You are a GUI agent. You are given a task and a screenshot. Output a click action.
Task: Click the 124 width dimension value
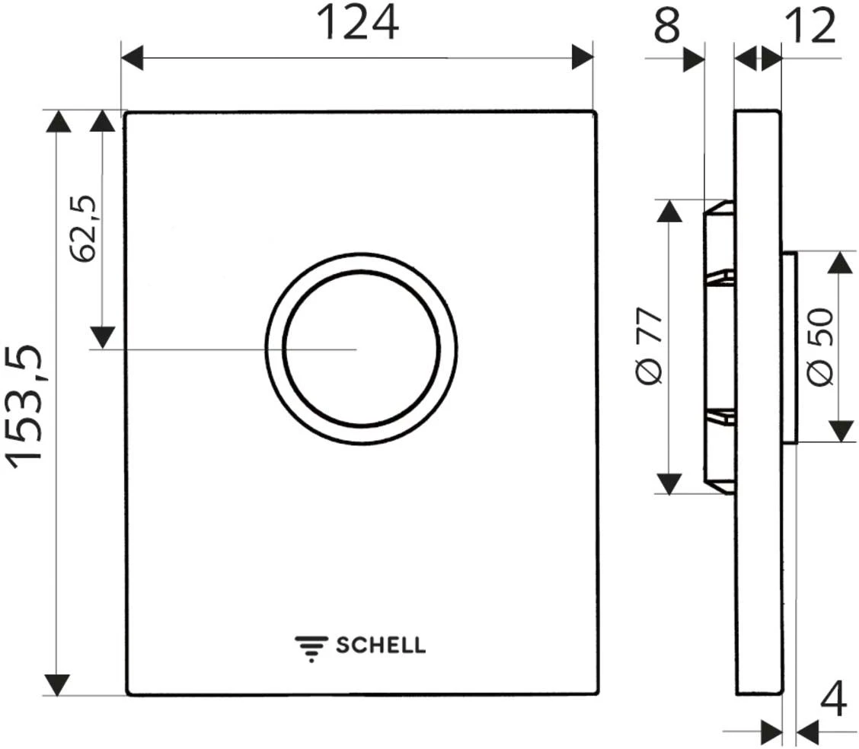click(x=358, y=24)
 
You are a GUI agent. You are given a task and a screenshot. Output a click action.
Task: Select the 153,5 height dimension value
click(x=24, y=406)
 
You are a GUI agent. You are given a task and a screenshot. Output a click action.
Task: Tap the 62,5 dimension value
click(x=83, y=229)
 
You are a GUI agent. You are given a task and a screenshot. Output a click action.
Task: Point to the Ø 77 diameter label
click(x=650, y=347)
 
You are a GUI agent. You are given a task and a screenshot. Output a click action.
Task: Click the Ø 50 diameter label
click(x=821, y=347)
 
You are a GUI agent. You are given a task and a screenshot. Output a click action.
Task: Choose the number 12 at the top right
click(x=810, y=26)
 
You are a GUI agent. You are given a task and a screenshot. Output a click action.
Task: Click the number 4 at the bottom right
click(x=833, y=698)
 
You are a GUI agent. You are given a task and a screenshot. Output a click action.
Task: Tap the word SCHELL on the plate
click(x=381, y=645)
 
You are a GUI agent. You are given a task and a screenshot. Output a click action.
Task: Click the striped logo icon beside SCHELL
click(x=311, y=649)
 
